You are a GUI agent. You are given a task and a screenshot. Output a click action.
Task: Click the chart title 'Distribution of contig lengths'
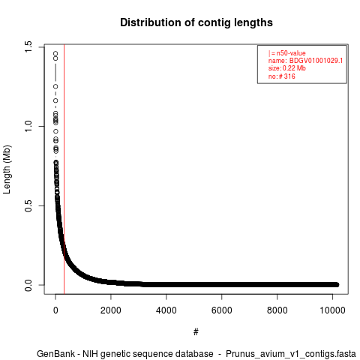coord(196,22)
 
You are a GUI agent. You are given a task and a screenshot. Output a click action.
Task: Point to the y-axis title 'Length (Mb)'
coord(7,169)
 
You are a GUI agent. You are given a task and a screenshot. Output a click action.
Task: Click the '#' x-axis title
coord(196,331)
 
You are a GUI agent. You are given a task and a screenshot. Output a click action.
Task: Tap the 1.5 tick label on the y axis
coord(28,47)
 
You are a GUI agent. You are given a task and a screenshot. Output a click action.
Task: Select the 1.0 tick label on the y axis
coord(28,127)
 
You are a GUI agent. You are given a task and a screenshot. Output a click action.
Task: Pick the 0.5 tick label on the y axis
coord(28,205)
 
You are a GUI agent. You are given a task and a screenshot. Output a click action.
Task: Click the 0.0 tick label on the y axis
coord(28,285)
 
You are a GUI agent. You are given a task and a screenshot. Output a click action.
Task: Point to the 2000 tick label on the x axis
coord(111,310)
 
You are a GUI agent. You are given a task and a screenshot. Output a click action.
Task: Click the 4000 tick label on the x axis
coord(166,310)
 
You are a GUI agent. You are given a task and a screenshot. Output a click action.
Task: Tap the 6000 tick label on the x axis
coord(222,310)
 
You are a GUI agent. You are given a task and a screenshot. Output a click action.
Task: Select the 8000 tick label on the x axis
coord(277,310)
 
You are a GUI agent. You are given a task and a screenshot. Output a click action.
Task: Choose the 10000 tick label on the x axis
coord(332,310)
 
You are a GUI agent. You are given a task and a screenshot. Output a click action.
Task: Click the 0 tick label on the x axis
coord(55,310)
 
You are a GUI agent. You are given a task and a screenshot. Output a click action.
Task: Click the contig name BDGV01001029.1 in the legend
coord(316,61)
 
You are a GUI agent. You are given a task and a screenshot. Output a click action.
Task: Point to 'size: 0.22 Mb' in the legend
coord(287,68)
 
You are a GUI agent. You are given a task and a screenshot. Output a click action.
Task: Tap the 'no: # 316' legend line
coord(282,76)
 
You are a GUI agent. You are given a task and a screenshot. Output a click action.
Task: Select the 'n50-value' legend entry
coord(291,53)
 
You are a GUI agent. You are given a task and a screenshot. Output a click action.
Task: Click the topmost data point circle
coord(55,53)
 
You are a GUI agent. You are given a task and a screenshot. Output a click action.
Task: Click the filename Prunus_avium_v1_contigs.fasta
coord(291,354)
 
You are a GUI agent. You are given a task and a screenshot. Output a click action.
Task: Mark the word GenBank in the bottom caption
coord(55,354)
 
